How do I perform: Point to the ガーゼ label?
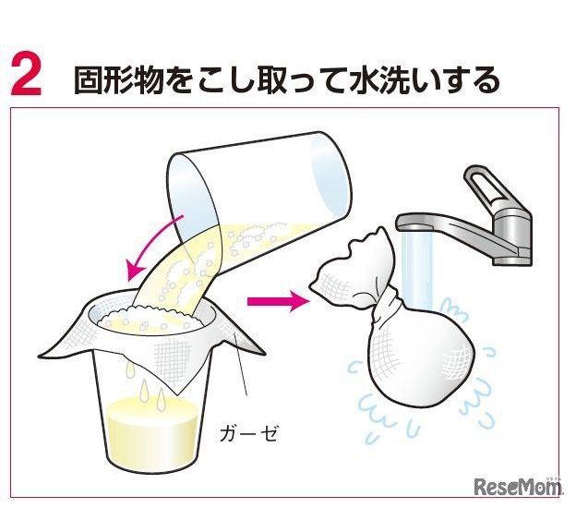coord(247,434)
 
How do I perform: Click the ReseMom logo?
coord(519,486)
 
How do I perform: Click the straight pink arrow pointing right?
coord(278,302)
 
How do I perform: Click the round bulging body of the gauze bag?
coord(419,357)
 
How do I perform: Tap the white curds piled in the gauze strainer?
coord(150,319)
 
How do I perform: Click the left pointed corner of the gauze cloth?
coord(40,356)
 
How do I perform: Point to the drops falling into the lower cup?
coord(145,386)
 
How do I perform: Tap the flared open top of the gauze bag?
coord(349,269)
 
